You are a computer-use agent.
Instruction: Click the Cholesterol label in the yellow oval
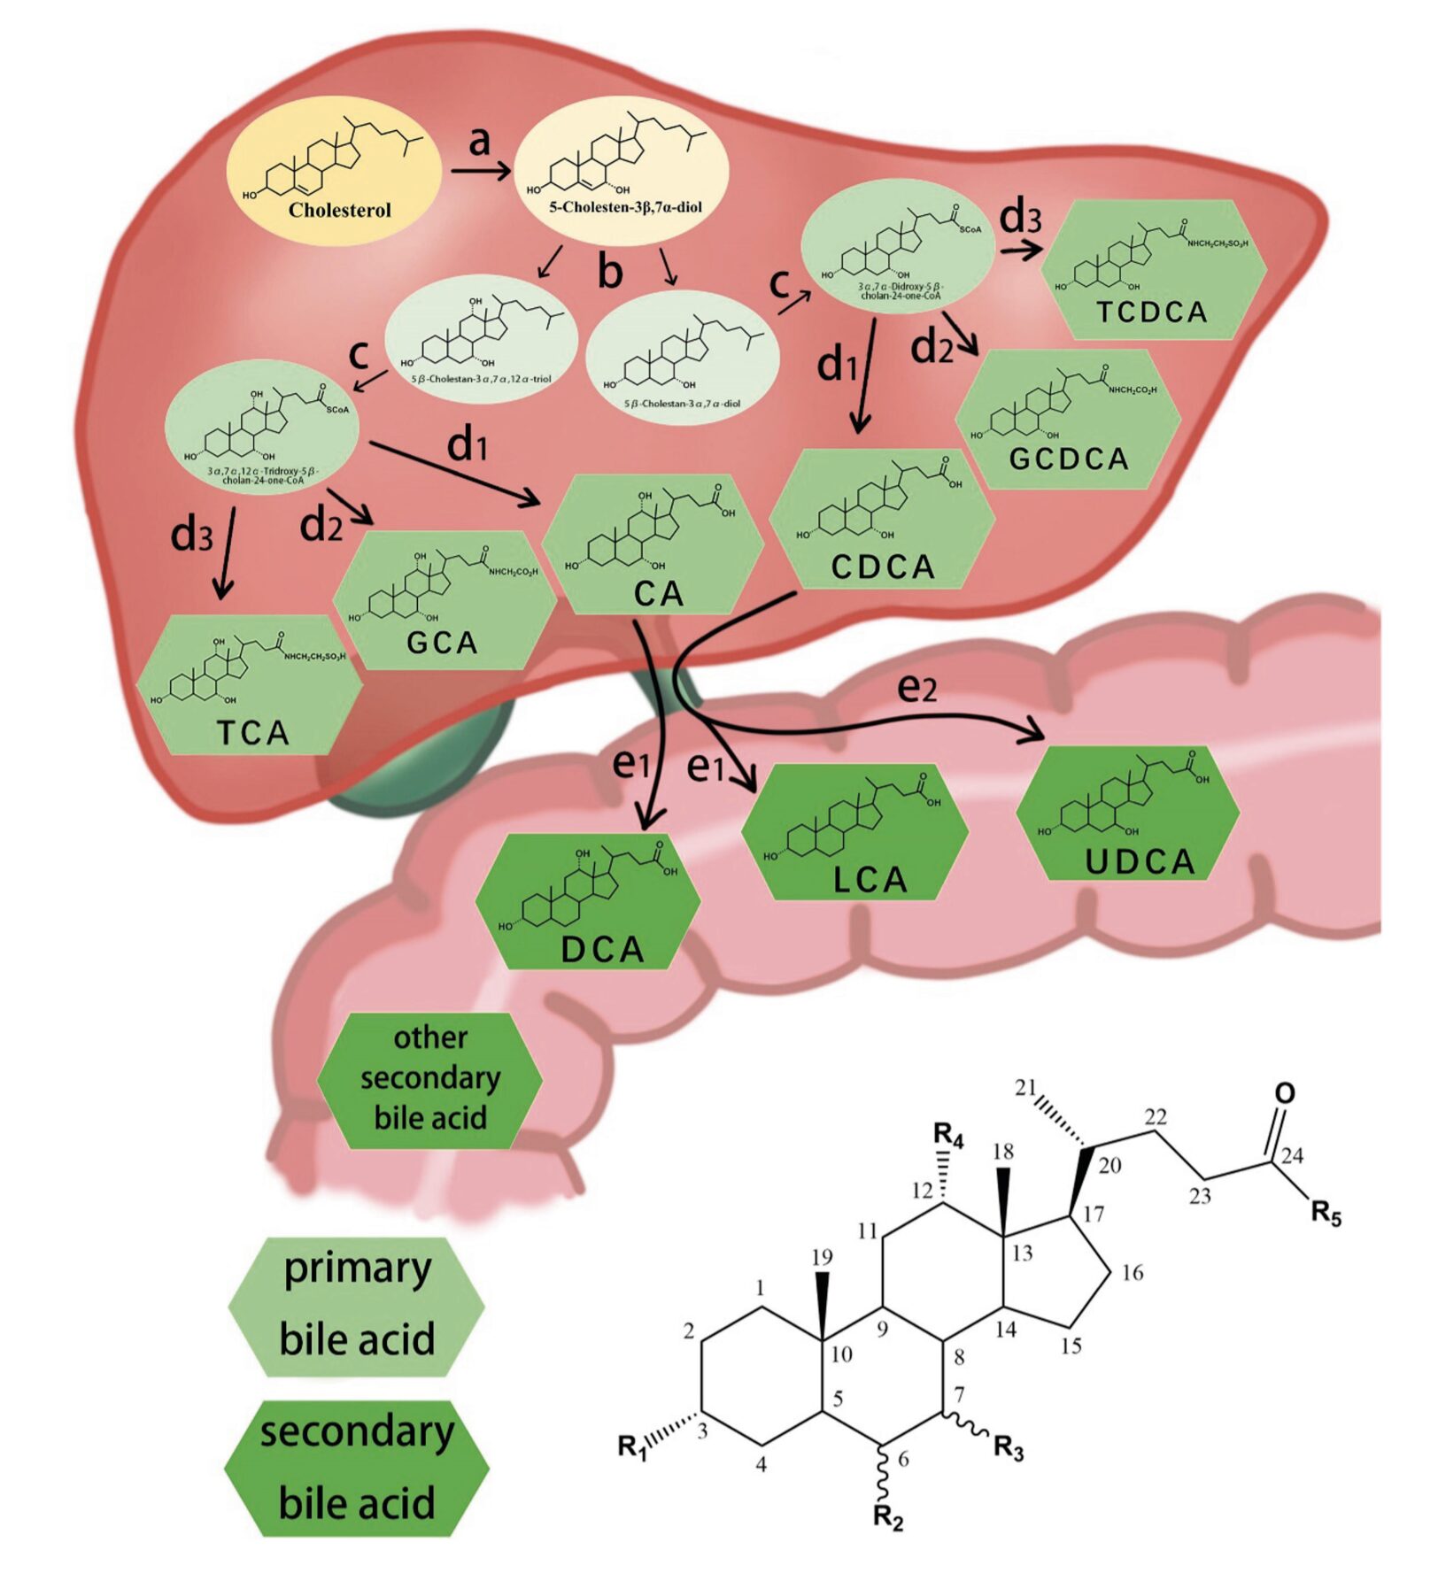pos(339,211)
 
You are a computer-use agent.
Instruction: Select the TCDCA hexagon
pos(1152,270)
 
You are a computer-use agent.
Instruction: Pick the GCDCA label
pos(1069,459)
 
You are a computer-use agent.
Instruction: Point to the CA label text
pos(659,594)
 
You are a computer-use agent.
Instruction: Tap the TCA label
pos(253,733)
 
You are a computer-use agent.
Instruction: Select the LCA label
pos(870,879)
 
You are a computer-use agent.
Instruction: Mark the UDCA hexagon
pos(1127,814)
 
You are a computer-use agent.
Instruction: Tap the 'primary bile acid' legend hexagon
pos(357,1305)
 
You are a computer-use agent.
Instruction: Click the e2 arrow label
pos(916,688)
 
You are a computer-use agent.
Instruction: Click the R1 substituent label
pos(632,1446)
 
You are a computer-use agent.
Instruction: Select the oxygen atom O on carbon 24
pos(1284,1093)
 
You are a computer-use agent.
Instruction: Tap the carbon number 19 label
pos(823,1256)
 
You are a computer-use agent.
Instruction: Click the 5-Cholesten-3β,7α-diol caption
pos(625,208)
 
